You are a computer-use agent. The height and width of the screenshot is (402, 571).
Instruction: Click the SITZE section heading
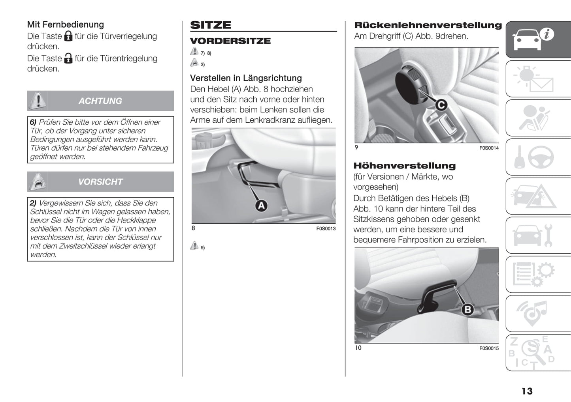click(x=211, y=25)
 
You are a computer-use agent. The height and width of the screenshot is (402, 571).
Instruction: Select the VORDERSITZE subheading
click(x=230, y=41)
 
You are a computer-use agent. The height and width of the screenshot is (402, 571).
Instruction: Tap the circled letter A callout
click(x=261, y=206)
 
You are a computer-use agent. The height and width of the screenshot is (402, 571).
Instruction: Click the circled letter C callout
click(x=441, y=105)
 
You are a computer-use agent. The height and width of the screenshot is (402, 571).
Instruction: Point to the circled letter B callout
click(x=467, y=309)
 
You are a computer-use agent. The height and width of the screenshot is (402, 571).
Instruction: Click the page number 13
click(x=527, y=391)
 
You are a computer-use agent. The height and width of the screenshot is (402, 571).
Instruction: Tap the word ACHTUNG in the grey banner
click(x=100, y=101)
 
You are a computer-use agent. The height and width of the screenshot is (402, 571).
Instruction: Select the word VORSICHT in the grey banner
click(x=100, y=182)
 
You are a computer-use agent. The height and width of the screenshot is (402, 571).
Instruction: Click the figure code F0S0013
click(x=326, y=228)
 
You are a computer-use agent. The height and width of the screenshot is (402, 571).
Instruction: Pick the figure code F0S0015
click(x=489, y=348)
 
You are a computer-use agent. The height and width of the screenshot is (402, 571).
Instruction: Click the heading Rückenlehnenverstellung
click(x=428, y=25)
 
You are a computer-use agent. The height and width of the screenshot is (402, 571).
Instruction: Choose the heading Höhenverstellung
click(x=405, y=166)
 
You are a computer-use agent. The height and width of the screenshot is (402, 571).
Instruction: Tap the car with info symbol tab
click(x=538, y=39)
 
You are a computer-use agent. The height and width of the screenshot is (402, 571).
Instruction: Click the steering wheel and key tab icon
click(x=538, y=157)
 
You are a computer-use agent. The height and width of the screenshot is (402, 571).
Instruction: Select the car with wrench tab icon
click(x=538, y=235)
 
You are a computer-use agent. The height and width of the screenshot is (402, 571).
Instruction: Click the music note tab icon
click(x=538, y=313)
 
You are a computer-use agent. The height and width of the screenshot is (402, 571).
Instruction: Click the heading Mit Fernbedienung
click(x=66, y=24)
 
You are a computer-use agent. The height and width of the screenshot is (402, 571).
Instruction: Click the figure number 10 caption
click(x=358, y=348)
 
